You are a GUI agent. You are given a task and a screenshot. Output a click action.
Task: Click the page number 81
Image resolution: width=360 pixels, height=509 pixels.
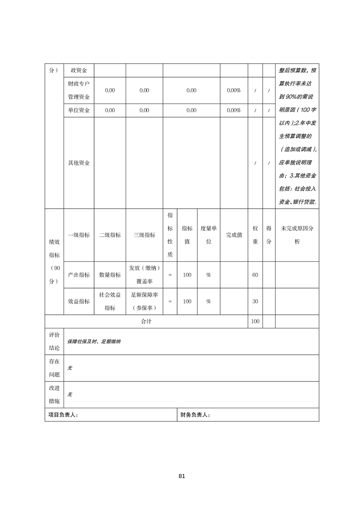[x=182, y=476]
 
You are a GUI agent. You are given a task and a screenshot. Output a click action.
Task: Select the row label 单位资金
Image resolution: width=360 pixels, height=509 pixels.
[x=79, y=110]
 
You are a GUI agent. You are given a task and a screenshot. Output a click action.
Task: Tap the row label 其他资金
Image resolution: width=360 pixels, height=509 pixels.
[x=79, y=163]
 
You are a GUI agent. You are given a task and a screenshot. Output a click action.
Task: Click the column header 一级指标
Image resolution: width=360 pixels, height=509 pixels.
[x=79, y=235]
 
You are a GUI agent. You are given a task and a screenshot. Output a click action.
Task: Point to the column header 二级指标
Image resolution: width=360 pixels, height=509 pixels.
[x=110, y=235]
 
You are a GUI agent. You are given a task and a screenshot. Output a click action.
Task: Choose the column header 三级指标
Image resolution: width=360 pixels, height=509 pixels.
[x=144, y=235]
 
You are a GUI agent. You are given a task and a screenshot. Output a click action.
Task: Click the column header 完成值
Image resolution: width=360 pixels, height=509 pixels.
[x=234, y=235]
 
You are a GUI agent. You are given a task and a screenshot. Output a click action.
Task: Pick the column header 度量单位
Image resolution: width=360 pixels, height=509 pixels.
[x=209, y=235]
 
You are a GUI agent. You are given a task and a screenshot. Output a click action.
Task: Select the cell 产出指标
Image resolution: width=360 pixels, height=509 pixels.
[x=79, y=275]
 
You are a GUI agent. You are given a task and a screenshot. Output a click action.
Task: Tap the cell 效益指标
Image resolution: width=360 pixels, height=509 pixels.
[x=79, y=301]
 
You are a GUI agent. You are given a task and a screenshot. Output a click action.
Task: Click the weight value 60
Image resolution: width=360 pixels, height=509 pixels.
[x=255, y=275]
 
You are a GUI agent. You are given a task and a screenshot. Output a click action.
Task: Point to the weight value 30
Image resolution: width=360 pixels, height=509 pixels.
[x=255, y=301]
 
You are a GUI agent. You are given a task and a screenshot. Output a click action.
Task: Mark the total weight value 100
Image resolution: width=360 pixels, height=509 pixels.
[x=255, y=321]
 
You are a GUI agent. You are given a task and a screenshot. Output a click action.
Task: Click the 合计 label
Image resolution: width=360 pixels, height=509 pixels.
[x=146, y=321]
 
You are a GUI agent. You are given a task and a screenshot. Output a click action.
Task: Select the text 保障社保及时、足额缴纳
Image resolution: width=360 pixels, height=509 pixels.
[x=94, y=341]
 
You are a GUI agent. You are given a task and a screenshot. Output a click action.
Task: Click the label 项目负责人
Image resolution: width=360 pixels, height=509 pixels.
[x=63, y=415]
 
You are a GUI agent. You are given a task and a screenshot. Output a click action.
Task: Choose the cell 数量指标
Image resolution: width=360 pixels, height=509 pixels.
[x=110, y=275]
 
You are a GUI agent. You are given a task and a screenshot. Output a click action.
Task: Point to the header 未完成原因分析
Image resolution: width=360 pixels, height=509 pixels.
[x=297, y=235]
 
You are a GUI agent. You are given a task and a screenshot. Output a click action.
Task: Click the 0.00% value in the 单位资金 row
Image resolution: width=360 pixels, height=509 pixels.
[x=234, y=110]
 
